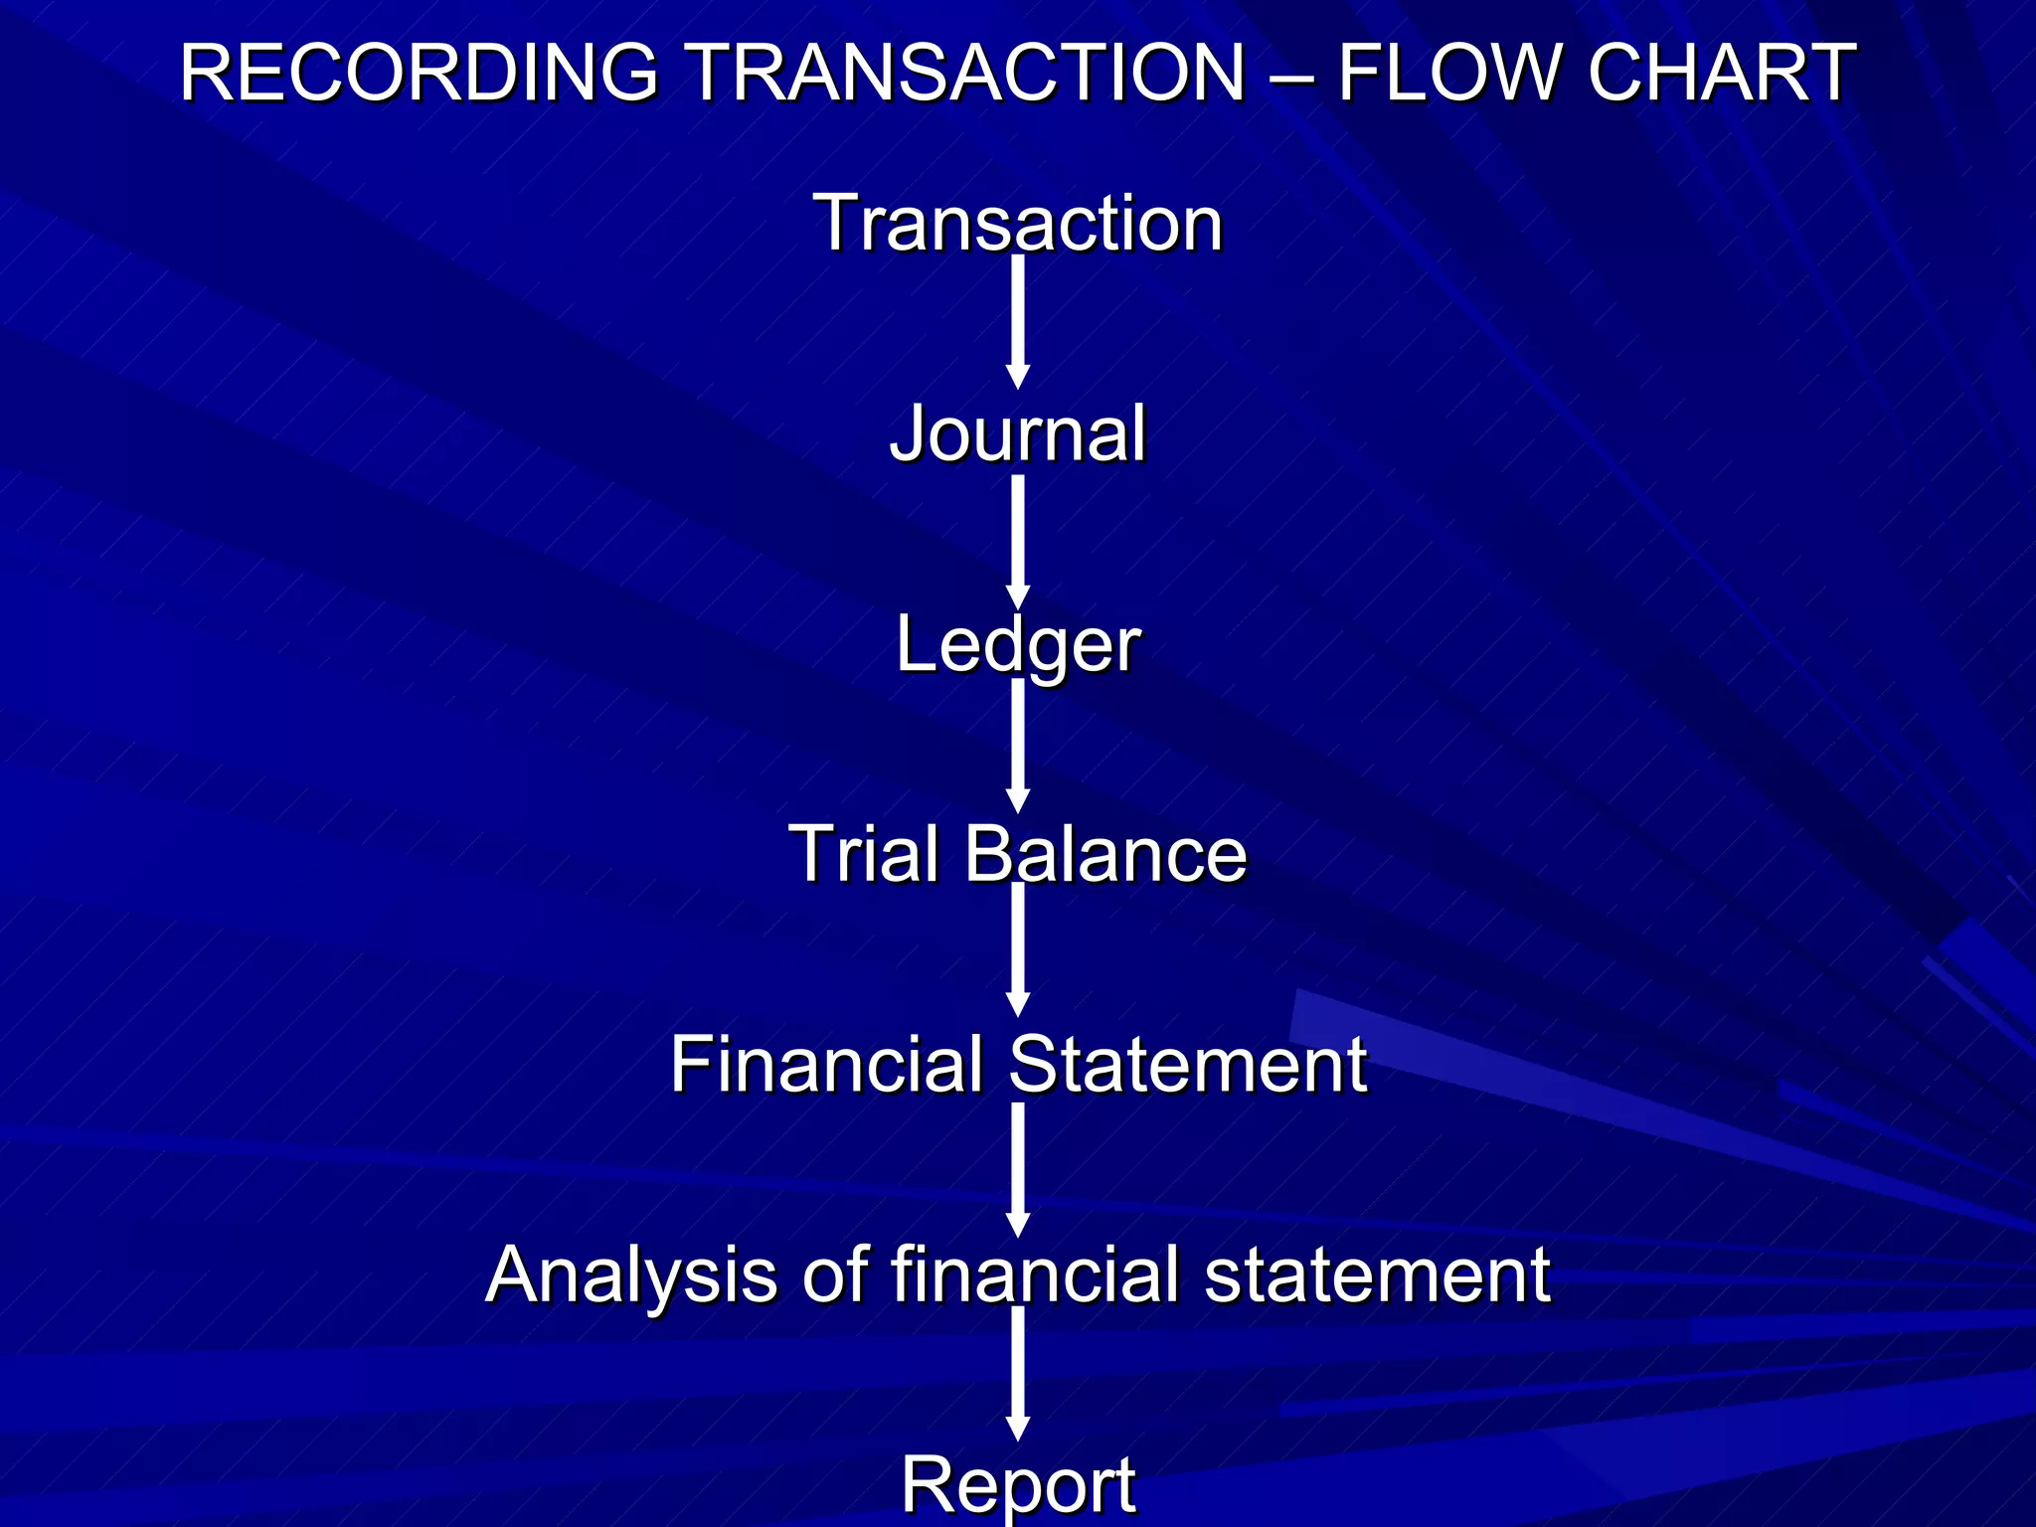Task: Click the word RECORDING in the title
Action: [419, 73]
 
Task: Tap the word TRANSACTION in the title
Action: [965, 73]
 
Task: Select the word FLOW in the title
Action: [1449, 73]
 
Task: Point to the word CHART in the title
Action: [1722, 73]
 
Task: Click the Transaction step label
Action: [1018, 223]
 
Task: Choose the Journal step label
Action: [1018, 434]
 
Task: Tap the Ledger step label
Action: [1018, 645]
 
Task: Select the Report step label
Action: [1018, 1484]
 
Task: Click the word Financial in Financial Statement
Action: [826, 1065]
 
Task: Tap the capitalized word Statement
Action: [1188, 1065]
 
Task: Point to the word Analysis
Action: [631, 1274]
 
